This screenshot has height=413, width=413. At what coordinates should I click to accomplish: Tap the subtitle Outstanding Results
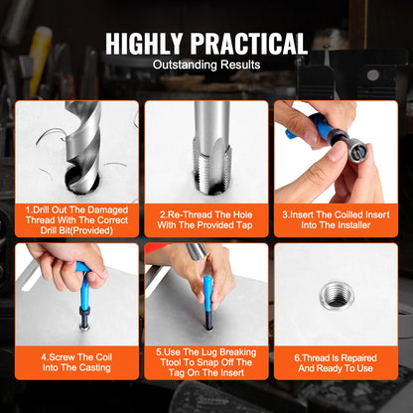[x=206, y=65]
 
